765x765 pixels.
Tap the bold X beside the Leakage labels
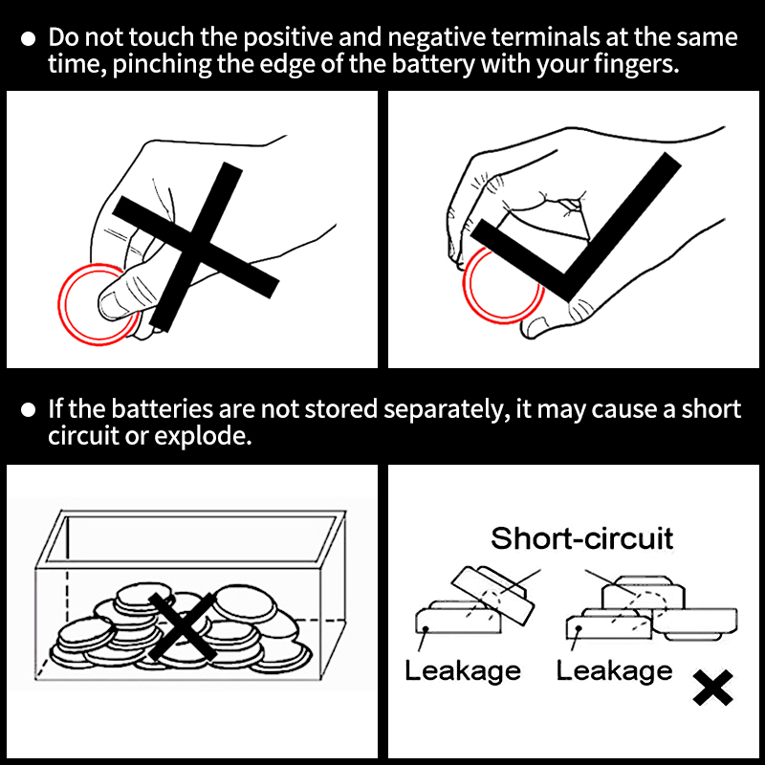click(712, 688)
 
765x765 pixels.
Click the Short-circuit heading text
click(581, 537)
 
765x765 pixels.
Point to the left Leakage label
click(462, 669)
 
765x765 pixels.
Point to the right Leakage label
click(614, 669)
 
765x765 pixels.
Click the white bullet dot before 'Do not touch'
click(29, 39)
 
